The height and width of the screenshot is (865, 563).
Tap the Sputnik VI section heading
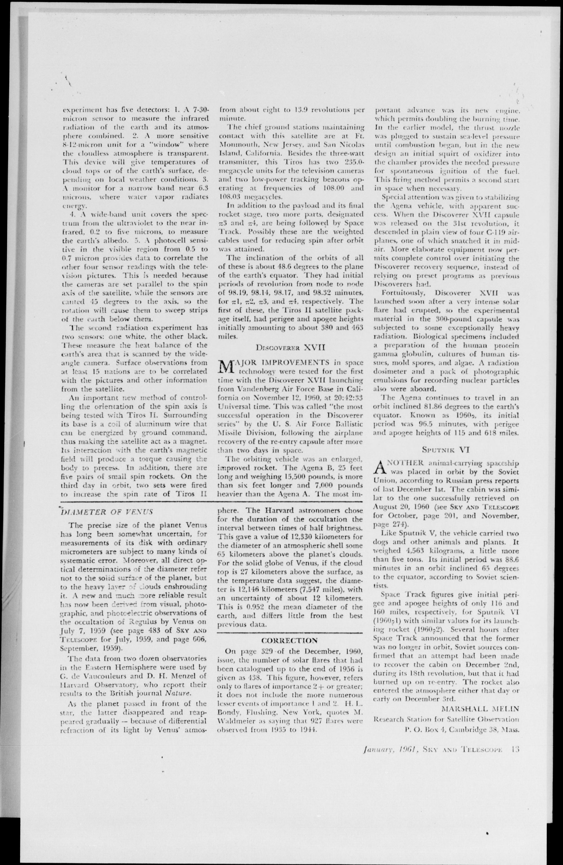click(x=446, y=449)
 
